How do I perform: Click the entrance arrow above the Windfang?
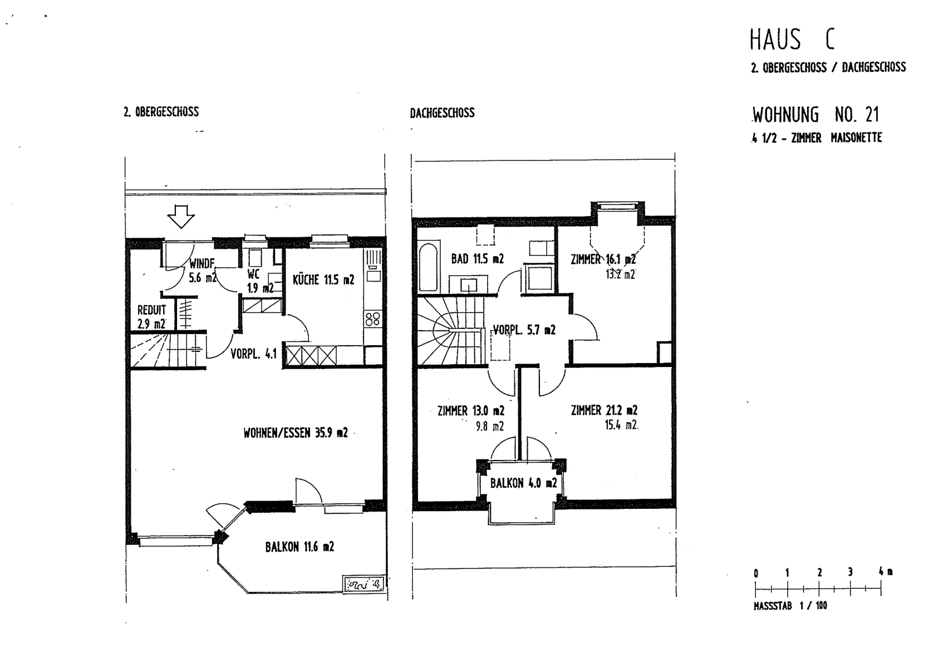(x=181, y=216)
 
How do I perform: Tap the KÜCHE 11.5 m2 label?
(x=323, y=280)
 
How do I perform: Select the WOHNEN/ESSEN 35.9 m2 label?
(x=296, y=433)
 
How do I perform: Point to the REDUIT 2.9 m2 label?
(x=152, y=317)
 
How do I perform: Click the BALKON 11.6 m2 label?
(x=300, y=547)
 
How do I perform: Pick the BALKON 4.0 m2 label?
(x=523, y=483)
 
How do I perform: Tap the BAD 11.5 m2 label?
(x=477, y=259)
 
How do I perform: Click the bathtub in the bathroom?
(x=429, y=267)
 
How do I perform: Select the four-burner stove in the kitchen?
(x=372, y=319)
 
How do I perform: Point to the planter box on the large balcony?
(x=363, y=584)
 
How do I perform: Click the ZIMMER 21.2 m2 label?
(x=604, y=410)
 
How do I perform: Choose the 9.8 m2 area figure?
(x=490, y=426)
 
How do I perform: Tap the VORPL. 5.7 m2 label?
(x=524, y=330)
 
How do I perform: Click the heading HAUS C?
(x=792, y=40)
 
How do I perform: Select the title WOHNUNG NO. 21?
(x=815, y=114)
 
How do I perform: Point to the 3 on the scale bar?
(x=850, y=572)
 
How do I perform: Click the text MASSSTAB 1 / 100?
(x=790, y=605)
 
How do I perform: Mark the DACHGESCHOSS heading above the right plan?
(x=442, y=113)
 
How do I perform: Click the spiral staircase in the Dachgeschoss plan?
(x=451, y=331)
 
